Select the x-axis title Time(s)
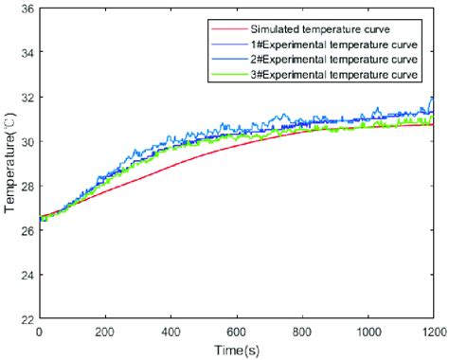(237, 351)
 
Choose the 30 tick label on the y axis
(26, 141)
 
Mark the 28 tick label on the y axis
(26, 186)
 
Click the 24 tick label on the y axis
(26, 275)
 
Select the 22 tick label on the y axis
(26, 319)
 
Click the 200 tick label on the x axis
(104, 333)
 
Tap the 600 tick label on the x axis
(236, 333)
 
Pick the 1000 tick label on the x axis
(368, 333)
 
